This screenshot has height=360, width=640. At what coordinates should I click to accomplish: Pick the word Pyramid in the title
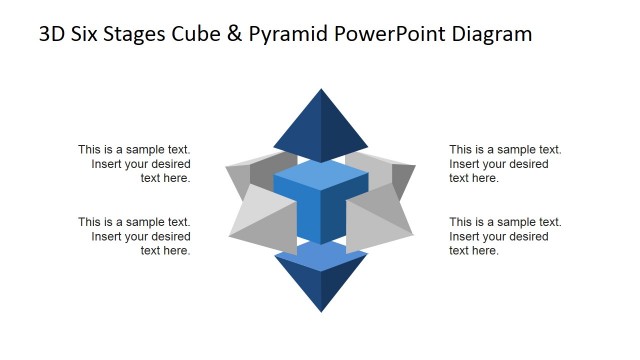tap(310, 35)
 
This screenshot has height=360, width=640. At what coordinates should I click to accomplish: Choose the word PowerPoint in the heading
tap(408, 35)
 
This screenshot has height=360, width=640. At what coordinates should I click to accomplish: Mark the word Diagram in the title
tap(494, 35)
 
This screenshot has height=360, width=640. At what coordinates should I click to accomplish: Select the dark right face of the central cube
tap(331, 218)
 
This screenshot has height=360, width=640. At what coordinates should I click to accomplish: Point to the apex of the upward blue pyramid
tap(321, 91)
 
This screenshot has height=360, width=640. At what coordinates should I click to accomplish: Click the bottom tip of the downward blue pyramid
tap(321, 311)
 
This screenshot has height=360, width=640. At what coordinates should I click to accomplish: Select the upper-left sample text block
tap(134, 164)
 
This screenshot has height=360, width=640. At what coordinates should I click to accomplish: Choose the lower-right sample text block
tap(505, 236)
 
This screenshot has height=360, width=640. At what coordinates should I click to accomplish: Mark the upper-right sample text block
tap(505, 164)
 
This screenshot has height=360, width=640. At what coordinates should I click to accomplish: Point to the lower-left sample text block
tap(134, 236)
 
